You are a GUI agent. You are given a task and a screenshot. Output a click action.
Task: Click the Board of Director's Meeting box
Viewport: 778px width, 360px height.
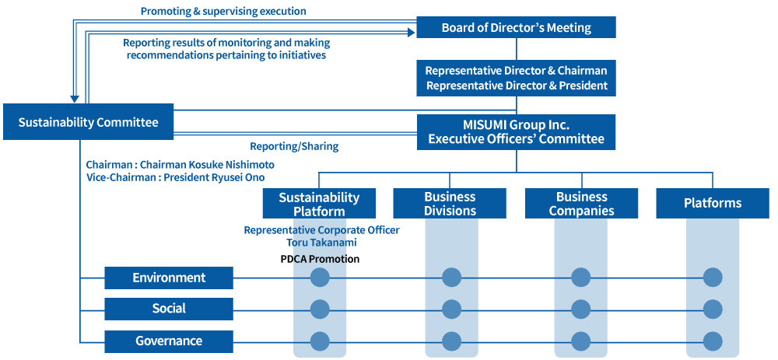pyautogui.click(x=516, y=27)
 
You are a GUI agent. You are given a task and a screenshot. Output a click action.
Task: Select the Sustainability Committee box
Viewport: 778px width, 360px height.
pyautogui.click(x=89, y=122)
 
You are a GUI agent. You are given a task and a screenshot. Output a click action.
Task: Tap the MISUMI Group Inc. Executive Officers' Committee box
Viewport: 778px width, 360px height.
pyautogui.click(x=516, y=132)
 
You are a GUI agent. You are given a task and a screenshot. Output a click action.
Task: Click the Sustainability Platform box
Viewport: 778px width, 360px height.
pyautogui.click(x=319, y=203)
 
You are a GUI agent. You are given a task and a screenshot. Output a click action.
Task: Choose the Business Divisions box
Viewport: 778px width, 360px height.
pyautogui.click(x=450, y=203)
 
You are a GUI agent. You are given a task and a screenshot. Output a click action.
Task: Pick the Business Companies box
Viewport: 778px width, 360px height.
pyautogui.click(x=581, y=203)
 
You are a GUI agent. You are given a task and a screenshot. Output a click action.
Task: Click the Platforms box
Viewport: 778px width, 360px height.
pyautogui.click(x=713, y=203)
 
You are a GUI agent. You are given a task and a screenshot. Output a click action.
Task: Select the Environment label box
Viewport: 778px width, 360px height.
pyautogui.click(x=169, y=278)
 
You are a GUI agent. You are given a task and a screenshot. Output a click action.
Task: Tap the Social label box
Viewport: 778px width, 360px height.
pyautogui.click(x=169, y=309)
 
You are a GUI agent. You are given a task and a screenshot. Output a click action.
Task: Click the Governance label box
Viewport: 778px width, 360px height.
pyautogui.click(x=169, y=341)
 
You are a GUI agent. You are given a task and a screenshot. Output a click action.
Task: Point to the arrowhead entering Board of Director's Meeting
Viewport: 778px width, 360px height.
pyautogui.click(x=411, y=32)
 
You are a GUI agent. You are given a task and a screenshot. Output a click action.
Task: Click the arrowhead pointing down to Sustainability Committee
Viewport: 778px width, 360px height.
pyautogui.click(x=75, y=99)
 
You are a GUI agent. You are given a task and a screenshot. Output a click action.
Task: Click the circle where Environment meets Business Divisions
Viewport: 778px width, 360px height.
pyautogui.click(x=451, y=278)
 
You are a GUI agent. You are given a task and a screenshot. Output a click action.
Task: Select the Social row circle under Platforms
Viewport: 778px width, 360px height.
pyautogui.click(x=713, y=309)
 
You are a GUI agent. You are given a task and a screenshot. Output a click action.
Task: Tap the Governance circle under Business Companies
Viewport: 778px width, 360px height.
pyautogui.click(x=581, y=341)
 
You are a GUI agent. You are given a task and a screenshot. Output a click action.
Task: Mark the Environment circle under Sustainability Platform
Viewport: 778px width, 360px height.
pyautogui.click(x=320, y=278)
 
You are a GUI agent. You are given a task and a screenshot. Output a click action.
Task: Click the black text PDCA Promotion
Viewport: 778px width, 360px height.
pyautogui.click(x=320, y=259)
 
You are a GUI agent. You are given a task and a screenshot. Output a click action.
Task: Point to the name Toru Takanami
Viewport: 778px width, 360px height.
pyautogui.click(x=321, y=243)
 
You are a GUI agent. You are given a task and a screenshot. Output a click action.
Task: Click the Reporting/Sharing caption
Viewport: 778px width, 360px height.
pyautogui.click(x=294, y=146)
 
